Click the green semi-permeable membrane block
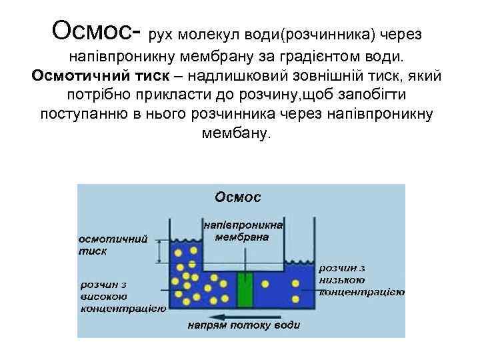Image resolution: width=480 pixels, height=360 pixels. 245,289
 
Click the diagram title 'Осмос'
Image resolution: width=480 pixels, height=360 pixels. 237,197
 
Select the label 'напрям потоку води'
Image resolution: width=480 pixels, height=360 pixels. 243,325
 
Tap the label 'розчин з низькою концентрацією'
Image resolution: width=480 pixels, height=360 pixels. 362,280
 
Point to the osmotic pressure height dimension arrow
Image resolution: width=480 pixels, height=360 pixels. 160,251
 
